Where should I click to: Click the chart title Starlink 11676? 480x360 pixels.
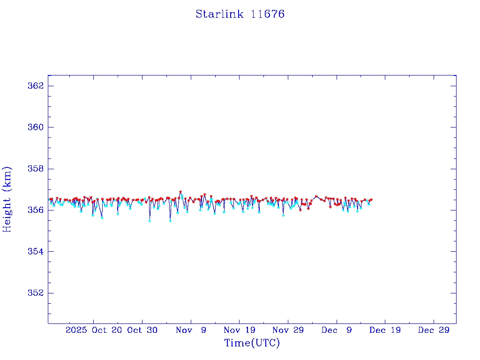pyautogui.click(x=240, y=14)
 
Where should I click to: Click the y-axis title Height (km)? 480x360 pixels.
pyautogui.click(x=7, y=199)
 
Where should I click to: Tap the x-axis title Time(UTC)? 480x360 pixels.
pyautogui.click(x=252, y=343)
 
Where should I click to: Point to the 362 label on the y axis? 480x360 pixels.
pyautogui.click(x=36, y=86)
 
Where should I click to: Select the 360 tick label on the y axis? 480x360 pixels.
pyautogui.click(x=36, y=127)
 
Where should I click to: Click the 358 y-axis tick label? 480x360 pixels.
pyautogui.click(x=36, y=169)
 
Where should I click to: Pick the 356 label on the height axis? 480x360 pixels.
pyautogui.click(x=36, y=210)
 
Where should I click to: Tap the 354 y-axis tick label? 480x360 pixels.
pyautogui.click(x=36, y=252)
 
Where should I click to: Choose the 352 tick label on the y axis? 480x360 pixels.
pyautogui.click(x=36, y=293)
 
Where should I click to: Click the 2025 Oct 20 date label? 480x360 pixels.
pyautogui.click(x=94, y=330)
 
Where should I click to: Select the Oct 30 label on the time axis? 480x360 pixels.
pyautogui.click(x=142, y=330)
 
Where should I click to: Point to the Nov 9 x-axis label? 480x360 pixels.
pyautogui.click(x=191, y=330)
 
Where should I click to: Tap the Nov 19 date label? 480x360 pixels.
pyautogui.click(x=240, y=330)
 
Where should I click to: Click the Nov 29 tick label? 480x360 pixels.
pyautogui.click(x=288, y=330)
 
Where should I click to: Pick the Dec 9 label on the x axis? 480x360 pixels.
pyautogui.click(x=337, y=330)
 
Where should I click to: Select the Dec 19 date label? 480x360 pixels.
pyautogui.click(x=385, y=330)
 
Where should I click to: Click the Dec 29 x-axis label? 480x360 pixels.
pyautogui.click(x=434, y=330)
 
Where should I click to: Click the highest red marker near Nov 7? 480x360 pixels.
pyautogui.click(x=180, y=192)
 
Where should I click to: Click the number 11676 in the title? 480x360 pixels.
pyautogui.click(x=268, y=14)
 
